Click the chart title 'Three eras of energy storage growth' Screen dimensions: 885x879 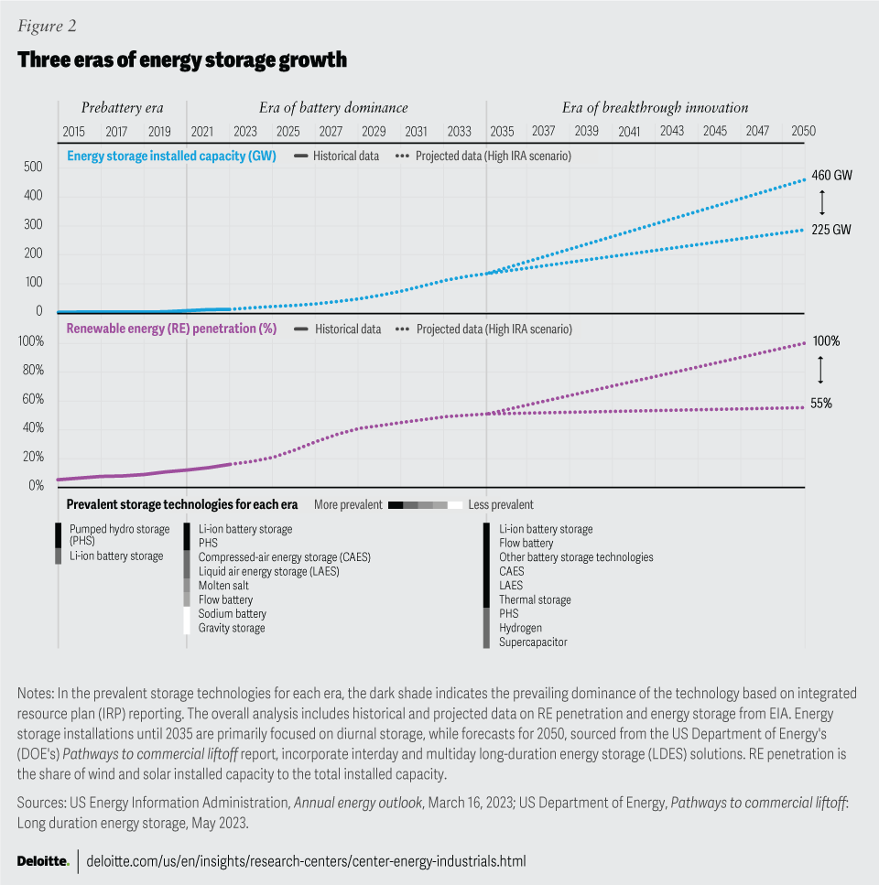point(182,60)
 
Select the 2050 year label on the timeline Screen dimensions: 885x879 point(803,131)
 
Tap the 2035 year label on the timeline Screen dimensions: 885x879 point(501,131)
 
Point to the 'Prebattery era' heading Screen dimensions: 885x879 point(122,108)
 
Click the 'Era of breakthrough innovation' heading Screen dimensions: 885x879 point(655,108)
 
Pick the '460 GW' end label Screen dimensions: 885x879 point(831,174)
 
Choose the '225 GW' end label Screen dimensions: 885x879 point(831,230)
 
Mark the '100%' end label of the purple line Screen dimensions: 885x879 point(825,341)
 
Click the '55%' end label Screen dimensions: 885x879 point(820,403)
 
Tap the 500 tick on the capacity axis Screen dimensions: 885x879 point(33,167)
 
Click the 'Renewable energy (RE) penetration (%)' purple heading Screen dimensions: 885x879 point(172,329)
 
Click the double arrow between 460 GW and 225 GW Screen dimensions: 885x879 point(821,201)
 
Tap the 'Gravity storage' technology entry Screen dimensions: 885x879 point(232,628)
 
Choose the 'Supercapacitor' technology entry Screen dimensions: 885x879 point(533,642)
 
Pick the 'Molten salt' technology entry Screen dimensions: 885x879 point(224,586)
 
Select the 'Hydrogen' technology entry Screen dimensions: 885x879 point(520,628)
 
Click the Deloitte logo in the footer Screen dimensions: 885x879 point(43,861)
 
